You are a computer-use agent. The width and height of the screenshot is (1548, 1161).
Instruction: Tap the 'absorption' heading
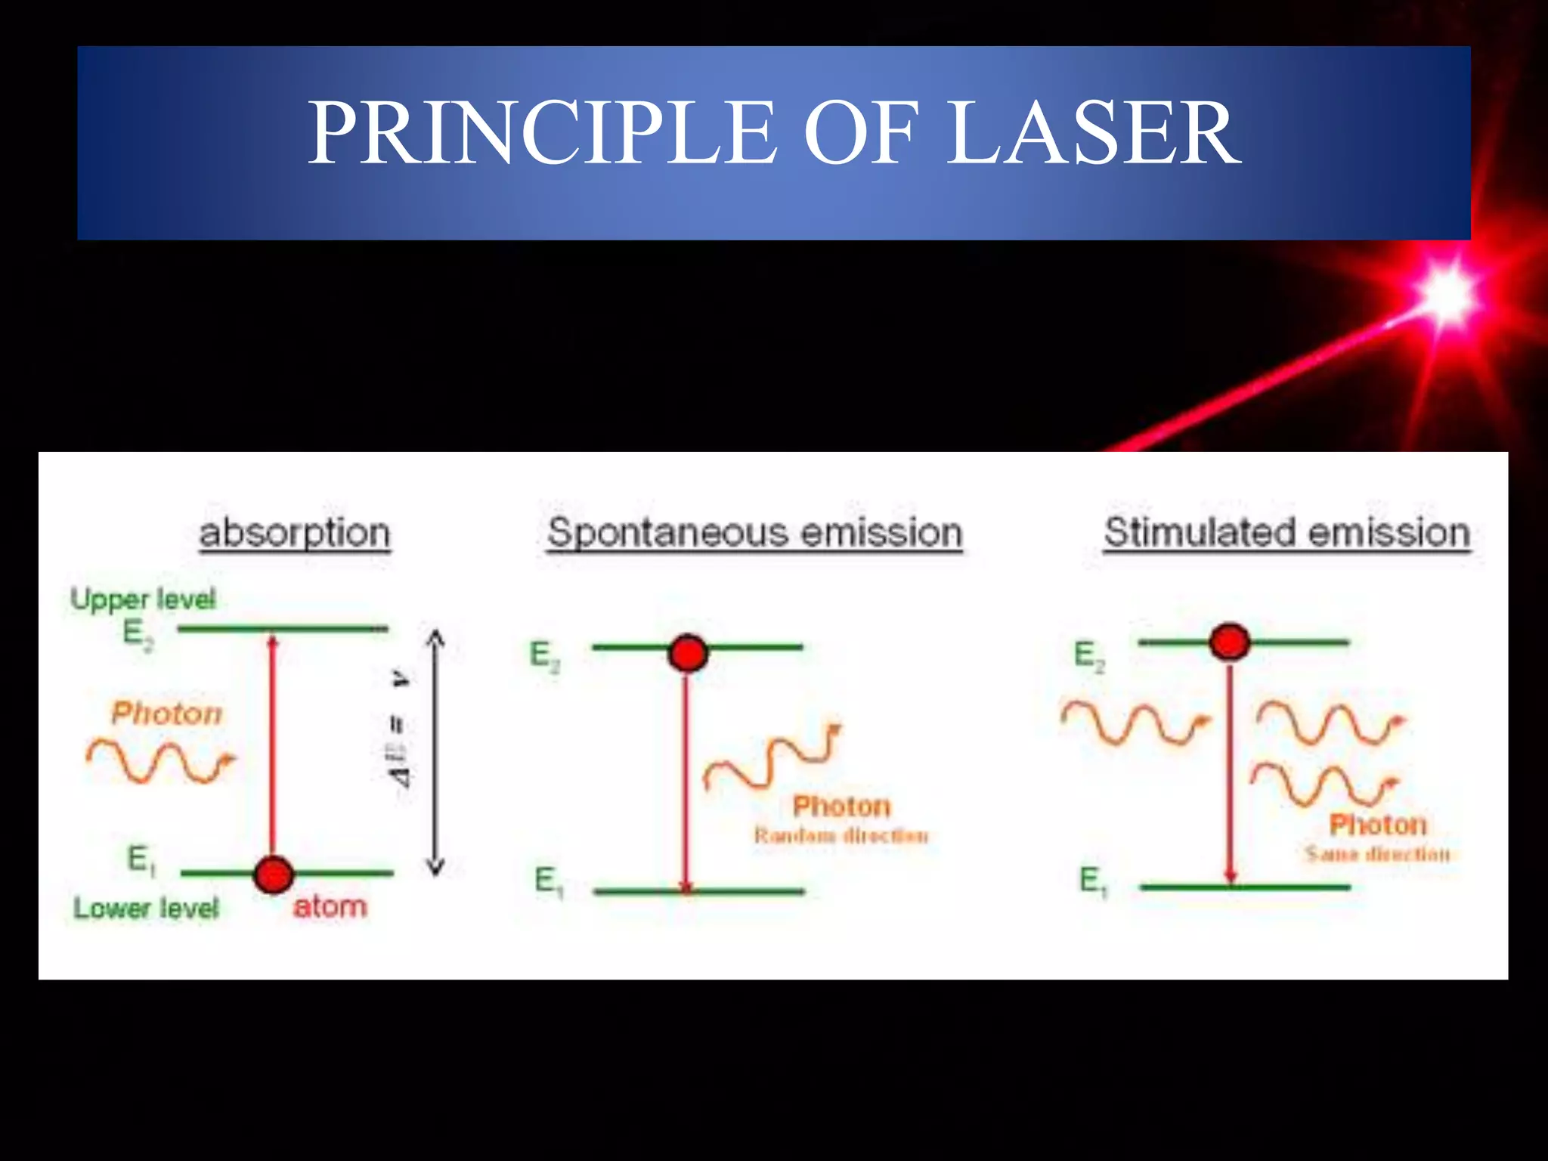pos(295,533)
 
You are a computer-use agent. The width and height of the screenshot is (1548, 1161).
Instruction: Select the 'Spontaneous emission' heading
pos(754,533)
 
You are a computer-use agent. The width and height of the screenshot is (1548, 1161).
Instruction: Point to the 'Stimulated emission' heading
pos(1286,533)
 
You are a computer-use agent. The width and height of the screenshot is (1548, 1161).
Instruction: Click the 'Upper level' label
pos(143,599)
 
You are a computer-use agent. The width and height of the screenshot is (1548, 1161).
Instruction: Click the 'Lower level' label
pos(146,908)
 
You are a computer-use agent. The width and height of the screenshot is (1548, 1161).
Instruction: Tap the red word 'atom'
pos(330,906)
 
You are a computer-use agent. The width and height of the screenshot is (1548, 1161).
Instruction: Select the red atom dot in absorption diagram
pos(273,875)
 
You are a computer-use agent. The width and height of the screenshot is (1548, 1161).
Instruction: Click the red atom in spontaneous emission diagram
pos(688,653)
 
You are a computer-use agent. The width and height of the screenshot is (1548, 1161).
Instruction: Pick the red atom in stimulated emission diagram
pos(1230,642)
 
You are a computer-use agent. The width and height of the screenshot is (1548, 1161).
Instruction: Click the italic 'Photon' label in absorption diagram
pos(167,713)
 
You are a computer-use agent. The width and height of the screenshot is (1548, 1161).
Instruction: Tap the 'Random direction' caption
pos(841,835)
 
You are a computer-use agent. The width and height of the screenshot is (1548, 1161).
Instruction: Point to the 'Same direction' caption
pos(1378,854)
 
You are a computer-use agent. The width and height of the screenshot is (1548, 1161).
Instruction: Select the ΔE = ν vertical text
pos(400,729)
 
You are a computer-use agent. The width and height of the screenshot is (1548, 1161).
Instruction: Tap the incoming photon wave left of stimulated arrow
pos(1134,723)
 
